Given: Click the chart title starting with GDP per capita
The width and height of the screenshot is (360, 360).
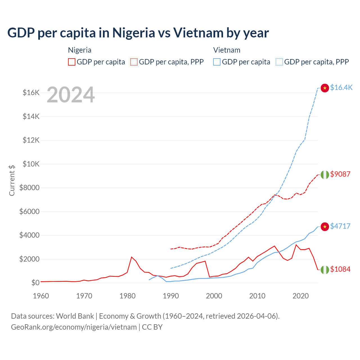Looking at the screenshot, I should [138, 33].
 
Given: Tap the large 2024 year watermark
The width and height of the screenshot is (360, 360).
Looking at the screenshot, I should [71, 95].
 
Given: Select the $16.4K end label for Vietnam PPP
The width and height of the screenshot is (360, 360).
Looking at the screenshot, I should [341, 88].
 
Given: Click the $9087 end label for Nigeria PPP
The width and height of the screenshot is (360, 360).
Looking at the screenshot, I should [340, 174].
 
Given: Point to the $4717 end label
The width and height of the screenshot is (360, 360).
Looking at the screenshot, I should [340, 226].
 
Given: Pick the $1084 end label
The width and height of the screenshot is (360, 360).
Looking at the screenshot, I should [340, 269].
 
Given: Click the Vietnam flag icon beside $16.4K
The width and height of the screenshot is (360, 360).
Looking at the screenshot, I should [325, 88].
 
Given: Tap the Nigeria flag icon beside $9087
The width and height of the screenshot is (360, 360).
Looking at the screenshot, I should [325, 175].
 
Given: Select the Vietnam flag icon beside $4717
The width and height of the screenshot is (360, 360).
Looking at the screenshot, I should [325, 227].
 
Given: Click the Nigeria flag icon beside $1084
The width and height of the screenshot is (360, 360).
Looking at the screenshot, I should [325, 270].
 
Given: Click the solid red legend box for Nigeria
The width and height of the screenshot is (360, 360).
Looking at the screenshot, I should [72, 62].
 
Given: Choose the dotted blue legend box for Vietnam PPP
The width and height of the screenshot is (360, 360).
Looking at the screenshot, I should [279, 62].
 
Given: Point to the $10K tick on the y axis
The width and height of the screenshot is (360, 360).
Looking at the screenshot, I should [31, 164].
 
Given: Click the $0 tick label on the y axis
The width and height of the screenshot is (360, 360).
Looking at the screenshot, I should [35, 283].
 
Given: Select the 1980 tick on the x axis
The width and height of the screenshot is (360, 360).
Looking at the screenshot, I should [128, 296].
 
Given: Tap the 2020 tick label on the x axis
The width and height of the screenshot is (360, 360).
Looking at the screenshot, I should [301, 296].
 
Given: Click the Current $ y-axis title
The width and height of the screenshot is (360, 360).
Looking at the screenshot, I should [12, 180].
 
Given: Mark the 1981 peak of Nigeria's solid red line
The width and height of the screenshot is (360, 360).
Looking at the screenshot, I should [132, 257].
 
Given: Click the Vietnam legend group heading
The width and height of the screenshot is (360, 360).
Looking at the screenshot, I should [227, 50].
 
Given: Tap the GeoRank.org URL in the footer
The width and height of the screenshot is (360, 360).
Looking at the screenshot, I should [74, 327].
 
